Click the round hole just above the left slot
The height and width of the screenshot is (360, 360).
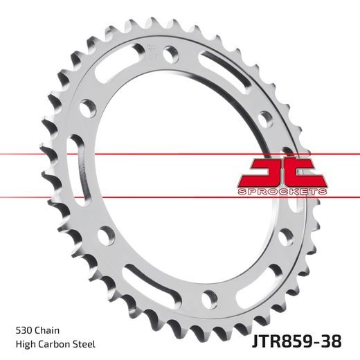(x=87, y=108)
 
